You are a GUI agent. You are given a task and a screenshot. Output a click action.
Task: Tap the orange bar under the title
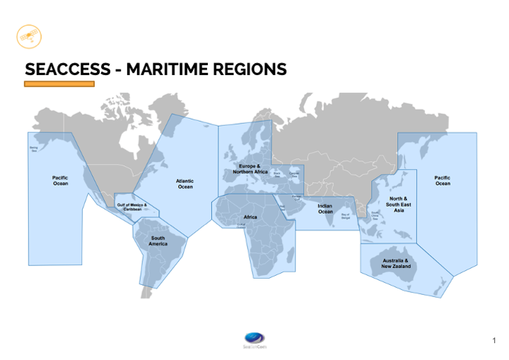click(59, 84)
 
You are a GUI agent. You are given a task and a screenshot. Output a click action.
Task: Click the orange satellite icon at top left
click(29, 35)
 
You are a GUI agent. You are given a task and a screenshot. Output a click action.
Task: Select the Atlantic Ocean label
click(185, 184)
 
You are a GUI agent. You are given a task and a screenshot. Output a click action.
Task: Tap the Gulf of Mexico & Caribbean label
click(131, 207)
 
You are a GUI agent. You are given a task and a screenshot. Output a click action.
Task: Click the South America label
click(158, 241)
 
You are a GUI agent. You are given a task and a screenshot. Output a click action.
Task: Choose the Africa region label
click(250, 217)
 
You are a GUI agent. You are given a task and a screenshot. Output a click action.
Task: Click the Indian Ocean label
click(325, 209)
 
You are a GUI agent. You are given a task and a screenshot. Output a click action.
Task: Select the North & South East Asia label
click(399, 204)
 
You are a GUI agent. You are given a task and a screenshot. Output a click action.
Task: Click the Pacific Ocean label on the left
click(61, 180)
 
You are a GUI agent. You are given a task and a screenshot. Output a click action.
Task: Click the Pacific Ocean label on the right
click(443, 180)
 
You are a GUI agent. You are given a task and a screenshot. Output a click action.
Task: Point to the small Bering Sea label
click(33, 149)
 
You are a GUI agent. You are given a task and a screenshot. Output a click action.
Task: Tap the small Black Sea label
click(277, 173)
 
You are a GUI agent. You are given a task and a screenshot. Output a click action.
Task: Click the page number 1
click(493, 342)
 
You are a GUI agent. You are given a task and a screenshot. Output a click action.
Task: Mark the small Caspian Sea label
click(294, 174)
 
